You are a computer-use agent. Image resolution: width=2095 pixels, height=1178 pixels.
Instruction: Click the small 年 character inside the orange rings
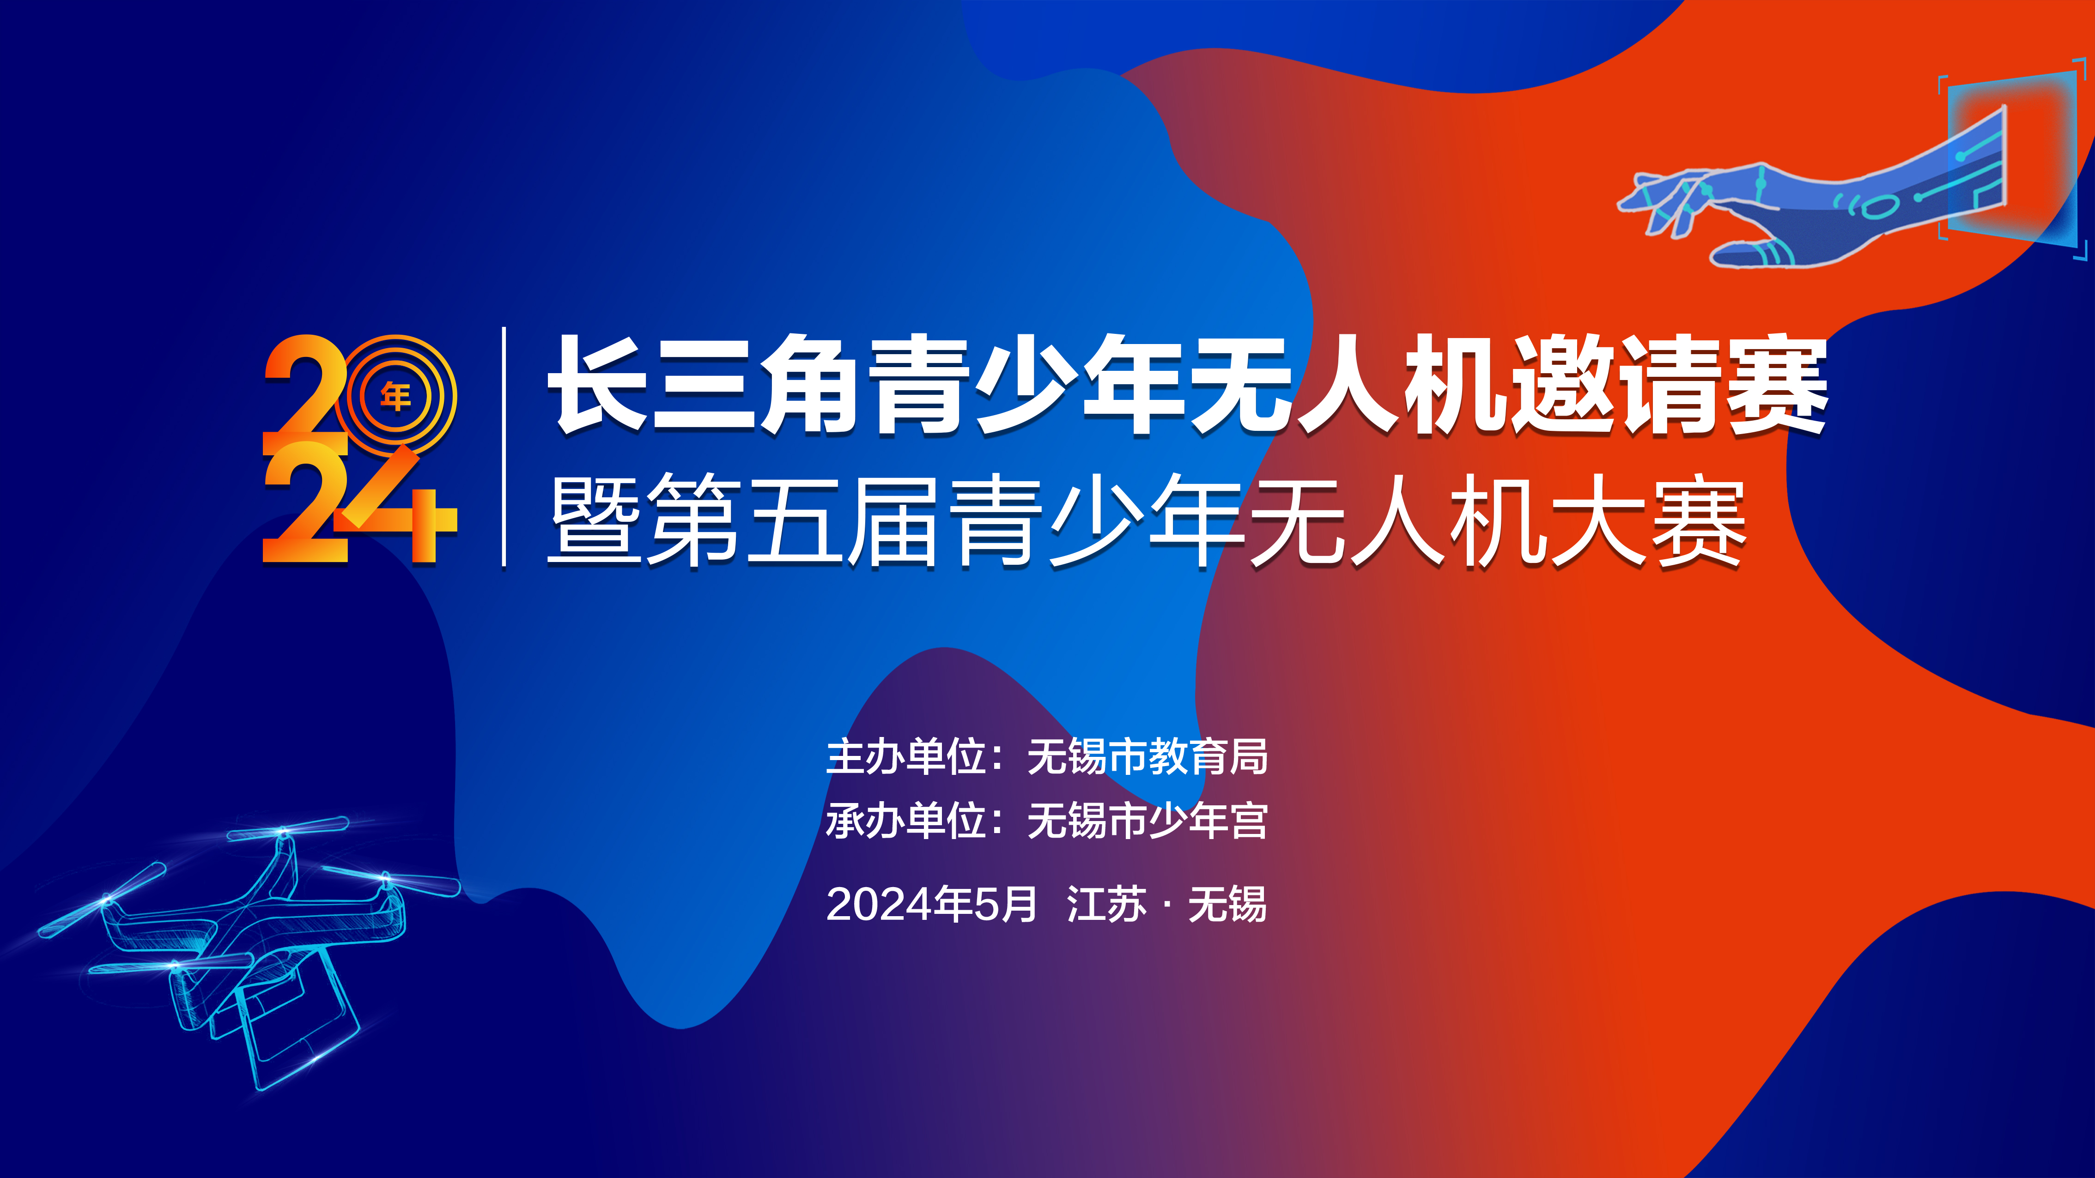(395, 397)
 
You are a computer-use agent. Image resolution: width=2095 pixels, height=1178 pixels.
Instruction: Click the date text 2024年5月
(931, 904)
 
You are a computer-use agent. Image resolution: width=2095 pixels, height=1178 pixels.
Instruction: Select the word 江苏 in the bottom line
(1106, 904)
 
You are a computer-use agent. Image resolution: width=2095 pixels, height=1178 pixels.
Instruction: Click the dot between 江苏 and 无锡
(1168, 905)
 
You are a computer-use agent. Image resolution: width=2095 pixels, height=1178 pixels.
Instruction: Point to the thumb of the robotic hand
(1749, 253)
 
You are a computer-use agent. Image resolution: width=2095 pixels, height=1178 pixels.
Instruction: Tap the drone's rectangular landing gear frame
(301, 1028)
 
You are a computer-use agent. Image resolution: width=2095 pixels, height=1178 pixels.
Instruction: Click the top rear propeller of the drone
(286, 829)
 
